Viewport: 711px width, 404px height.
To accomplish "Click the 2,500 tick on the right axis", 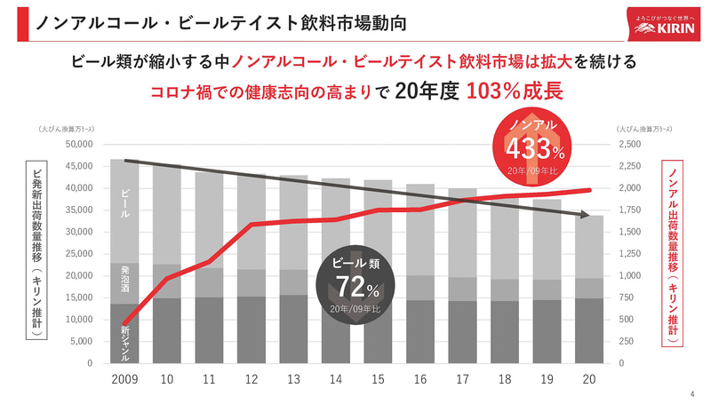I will click(x=633, y=144).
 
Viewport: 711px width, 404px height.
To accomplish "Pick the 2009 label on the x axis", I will click(x=124, y=378).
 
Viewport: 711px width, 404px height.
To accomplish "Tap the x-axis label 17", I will click(x=461, y=378).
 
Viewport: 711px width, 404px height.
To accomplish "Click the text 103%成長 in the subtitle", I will click(x=515, y=91).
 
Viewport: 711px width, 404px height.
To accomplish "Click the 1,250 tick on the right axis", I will click(x=633, y=253).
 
